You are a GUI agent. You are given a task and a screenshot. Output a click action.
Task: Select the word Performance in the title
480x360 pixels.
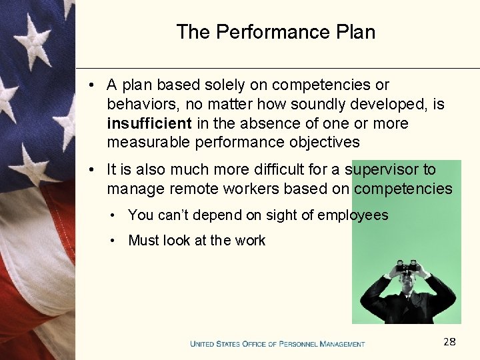273,32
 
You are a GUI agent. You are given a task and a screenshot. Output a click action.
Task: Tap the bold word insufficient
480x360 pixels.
149,123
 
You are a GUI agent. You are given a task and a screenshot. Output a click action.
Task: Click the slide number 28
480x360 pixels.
449,342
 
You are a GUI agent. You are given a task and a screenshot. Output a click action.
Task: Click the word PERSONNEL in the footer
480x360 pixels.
301,344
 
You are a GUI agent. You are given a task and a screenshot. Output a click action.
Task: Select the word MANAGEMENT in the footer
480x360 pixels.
342,344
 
